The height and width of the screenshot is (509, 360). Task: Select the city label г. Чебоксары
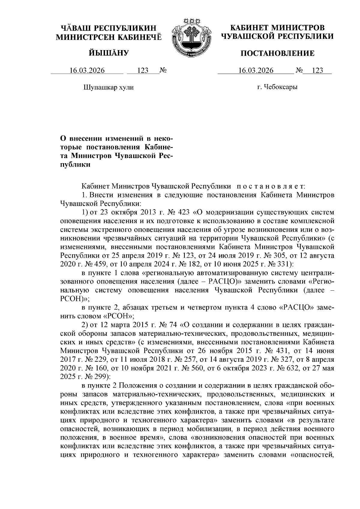tap(277, 87)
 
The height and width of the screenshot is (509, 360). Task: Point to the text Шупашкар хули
tap(108, 88)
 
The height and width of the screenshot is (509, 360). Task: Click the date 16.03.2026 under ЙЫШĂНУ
tap(87, 71)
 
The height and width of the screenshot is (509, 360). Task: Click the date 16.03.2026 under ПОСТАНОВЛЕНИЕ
tap(256, 71)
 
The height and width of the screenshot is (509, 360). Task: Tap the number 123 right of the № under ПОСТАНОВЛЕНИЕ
tap(317, 71)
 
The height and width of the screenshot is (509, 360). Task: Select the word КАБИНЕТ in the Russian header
tap(249, 28)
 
